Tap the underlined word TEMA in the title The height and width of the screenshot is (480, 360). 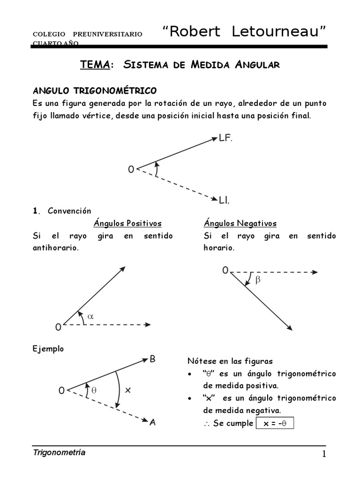(95, 65)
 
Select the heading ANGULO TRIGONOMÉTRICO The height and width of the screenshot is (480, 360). (95, 90)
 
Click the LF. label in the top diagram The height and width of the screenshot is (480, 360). (226, 138)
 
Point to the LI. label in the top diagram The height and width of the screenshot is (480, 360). (224, 200)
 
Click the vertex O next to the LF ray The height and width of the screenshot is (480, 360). (131, 170)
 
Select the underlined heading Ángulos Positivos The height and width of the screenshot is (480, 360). (127, 223)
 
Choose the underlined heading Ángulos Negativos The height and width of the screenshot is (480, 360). (240, 223)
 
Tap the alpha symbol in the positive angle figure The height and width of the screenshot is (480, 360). (91, 316)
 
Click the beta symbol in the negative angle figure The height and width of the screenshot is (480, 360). (257, 280)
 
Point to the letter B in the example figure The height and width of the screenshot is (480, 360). (153, 359)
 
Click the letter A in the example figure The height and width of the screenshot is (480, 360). (153, 422)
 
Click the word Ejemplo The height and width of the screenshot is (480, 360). (48, 349)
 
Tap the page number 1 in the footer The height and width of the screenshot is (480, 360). (323, 454)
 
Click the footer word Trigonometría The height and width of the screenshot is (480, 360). (59, 452)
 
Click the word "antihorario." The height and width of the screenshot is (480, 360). (55, 248)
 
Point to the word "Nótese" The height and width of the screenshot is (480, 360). (200, 361)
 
